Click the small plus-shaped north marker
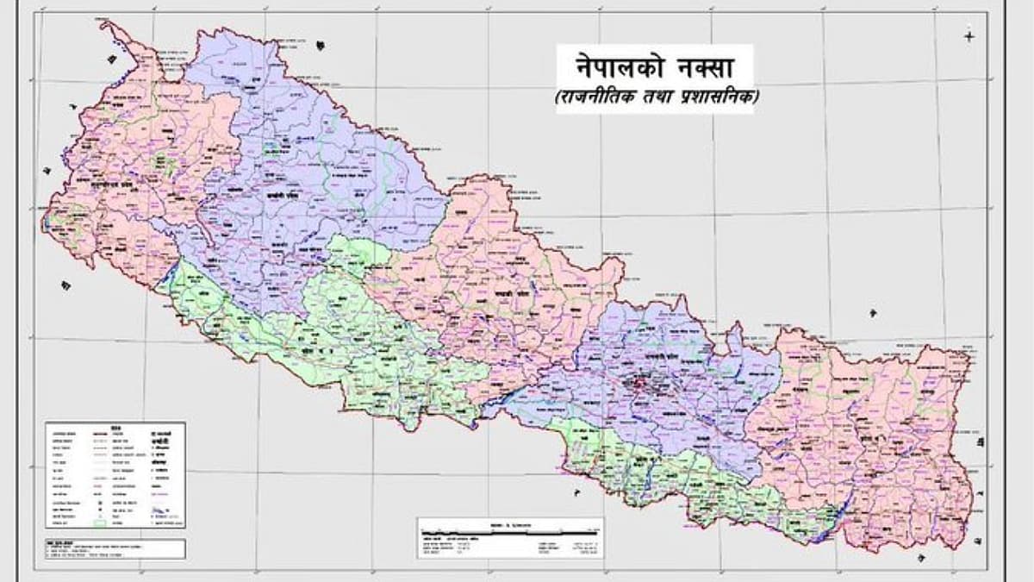(970, 36)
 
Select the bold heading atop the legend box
(117, 425)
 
